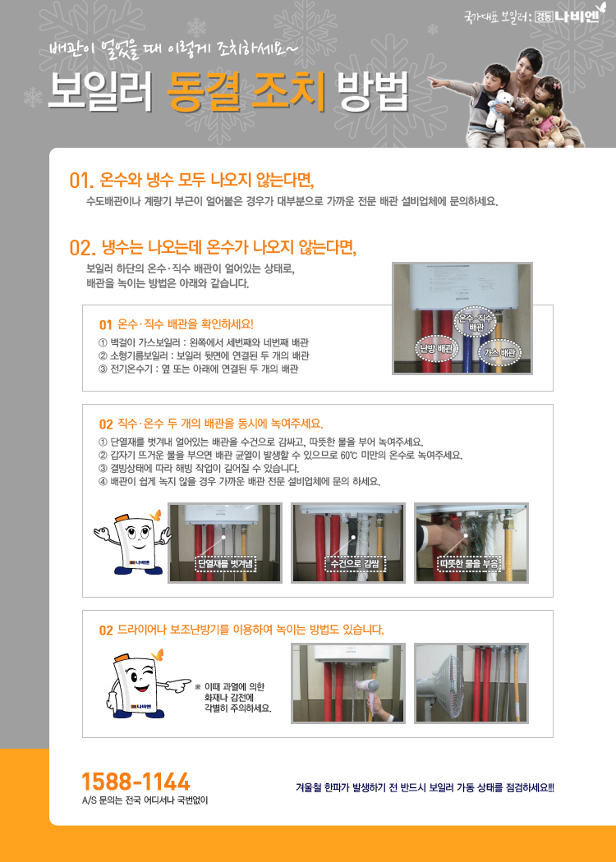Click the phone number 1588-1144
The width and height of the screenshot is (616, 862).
(x=136, y=782)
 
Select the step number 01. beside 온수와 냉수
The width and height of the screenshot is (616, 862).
(x=81, y=181)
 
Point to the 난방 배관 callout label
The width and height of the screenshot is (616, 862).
(x=436, y=349)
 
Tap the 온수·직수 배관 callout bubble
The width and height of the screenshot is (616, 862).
(x=476, y=322)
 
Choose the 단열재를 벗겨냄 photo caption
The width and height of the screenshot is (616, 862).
(x=226, y=563)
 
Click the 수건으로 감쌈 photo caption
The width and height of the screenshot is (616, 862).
(x=355, y=563)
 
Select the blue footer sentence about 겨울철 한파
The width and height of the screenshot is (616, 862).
(x=425, y=788)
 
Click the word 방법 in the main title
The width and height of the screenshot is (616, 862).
(x=373, y=91)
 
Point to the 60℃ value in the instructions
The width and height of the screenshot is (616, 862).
(x=349, y=455)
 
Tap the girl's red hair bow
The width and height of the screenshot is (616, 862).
(x=555, y=85)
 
